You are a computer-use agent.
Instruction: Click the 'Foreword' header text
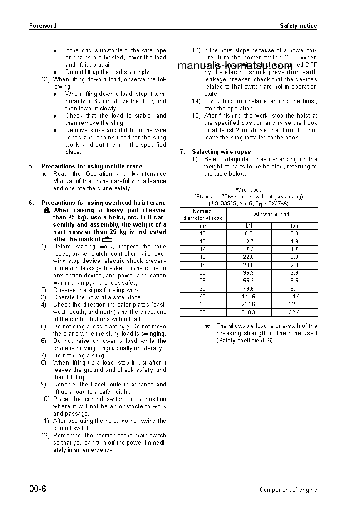coord(43,26)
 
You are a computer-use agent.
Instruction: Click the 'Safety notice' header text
coord(298,26)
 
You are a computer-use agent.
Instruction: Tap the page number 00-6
coord(38,489)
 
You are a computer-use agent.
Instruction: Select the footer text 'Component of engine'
coord(288,490)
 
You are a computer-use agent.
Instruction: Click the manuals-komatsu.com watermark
coord(235,66)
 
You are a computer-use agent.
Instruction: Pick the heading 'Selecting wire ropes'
coord(221,152)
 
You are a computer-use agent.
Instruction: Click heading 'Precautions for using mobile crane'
coord(92,167)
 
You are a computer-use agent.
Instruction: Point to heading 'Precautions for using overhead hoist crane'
coord(104,203)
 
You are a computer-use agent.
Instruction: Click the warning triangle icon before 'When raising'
coord(47,210)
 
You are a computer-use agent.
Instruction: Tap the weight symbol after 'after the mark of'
coord(107,239)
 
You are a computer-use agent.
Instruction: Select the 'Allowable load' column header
coord(271,214)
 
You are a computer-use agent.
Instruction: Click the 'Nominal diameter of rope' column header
coord(203,215)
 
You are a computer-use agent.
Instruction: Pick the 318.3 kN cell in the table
coord(248,312)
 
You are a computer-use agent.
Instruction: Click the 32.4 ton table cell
coord(294,312)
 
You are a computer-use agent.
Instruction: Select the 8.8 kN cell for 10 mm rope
coord(248,233)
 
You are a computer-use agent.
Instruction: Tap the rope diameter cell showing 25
coord(202,281)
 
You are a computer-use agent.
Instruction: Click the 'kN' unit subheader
coord(248,226)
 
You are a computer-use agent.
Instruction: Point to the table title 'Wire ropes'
coord(248,190)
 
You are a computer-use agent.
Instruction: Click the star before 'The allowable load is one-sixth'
coord(207,326)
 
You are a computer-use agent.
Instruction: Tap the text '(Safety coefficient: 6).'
coord(245,341)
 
